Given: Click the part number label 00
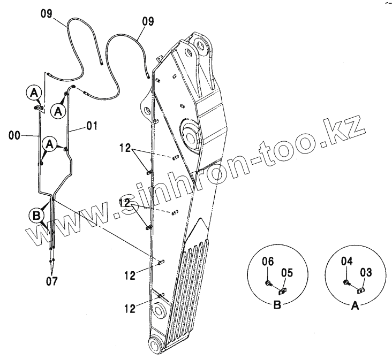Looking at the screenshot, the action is [x=15, y=136].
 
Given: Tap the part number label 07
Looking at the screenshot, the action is [x=52, y=280].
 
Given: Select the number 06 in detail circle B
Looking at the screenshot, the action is [x=268, y=261].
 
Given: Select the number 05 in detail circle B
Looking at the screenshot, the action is [x=287, y=273].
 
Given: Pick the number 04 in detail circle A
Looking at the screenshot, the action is [x=347, y=261].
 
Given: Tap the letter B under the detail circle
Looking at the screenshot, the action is [x=277, y=306].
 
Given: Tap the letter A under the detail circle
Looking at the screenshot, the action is [x=355, y=306].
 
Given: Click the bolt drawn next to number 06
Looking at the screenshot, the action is [x=268, y=283].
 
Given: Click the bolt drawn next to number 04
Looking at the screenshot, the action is [x=347, y=282].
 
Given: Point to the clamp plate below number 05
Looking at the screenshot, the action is [x=282, y=291].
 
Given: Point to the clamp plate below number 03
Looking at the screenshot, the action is [x=361, y=290].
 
